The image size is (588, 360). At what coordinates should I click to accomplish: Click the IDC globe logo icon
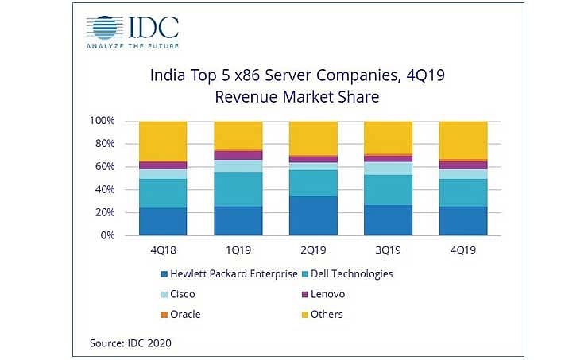tap(106, 27)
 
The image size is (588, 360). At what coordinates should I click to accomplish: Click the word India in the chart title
tap(168, 77)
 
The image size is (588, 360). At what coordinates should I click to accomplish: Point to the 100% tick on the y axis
tap(103, 121)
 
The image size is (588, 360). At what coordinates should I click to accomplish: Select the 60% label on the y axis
tap(106, 167)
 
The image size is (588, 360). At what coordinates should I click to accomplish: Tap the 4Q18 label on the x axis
tap(163, 249)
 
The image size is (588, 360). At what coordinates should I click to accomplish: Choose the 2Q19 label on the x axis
tap(313, 249)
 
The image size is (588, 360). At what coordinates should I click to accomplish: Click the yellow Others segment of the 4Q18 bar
tap(163, 141)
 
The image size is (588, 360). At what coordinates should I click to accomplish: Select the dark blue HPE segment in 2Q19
tap(313, 215)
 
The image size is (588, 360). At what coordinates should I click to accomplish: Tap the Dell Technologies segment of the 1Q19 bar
tap(238, 189)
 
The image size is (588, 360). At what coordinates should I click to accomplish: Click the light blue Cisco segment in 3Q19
tap(388, 168)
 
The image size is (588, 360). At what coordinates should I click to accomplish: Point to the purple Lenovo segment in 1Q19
tap(238, 155)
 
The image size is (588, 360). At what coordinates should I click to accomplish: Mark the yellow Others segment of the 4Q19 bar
tap(463, 140)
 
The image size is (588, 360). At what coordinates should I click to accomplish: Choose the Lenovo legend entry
tap(327, 294)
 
